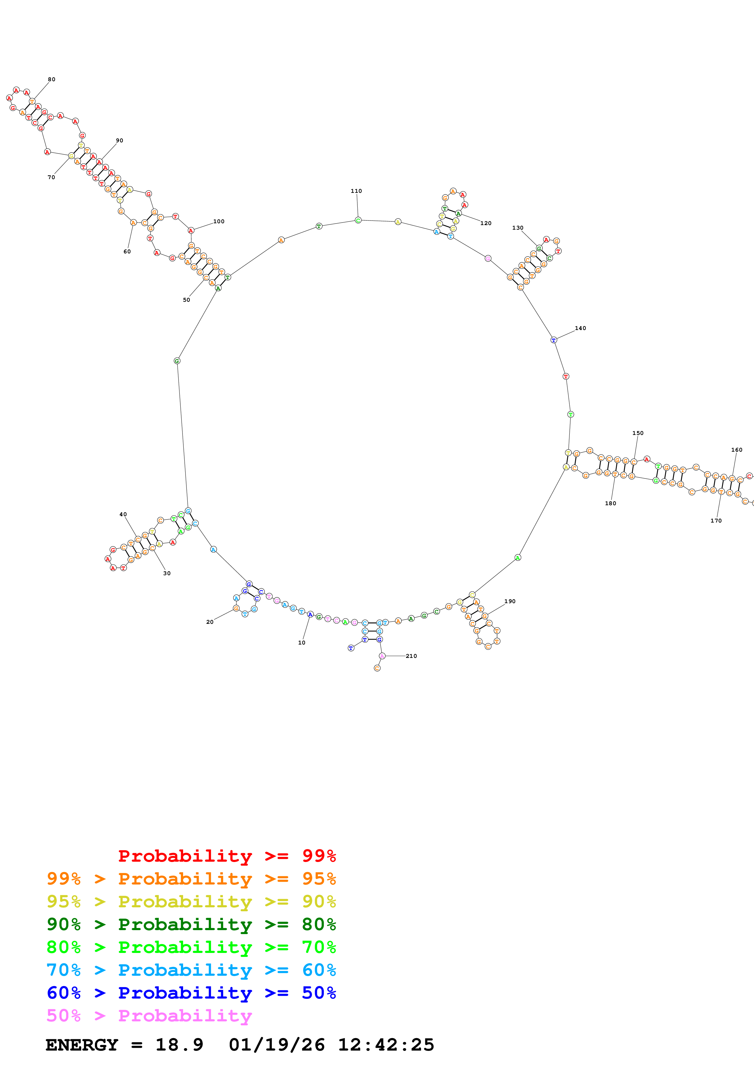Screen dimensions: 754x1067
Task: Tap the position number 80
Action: pyautogui.click(x=52, y=79)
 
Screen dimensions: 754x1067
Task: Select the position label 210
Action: pyautogui.click(x=411, y=656)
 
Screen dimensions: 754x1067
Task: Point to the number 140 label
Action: pyautogui.click(x=580, y=328)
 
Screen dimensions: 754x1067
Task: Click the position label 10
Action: pyautogui.click(x=301, y=643)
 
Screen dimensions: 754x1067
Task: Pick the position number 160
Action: pyautogui.click(x=736, y=450)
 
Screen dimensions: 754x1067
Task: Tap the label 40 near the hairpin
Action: pyautogui.click(x=123, y=514)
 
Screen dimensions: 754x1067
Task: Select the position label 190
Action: pyautogui.click(x=510, y=601)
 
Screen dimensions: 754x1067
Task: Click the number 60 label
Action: pyautogui.click(x=127, y=252)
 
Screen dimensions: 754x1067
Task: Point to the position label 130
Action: pyautogui.click(x=518, y=228)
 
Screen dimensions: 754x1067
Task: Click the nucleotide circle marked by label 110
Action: pyautogui.click(x=358, y=220)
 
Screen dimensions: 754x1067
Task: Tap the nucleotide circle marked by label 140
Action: pyautogui.click(x=553, y=340)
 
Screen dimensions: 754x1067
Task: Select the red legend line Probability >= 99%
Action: pyautogui.click(x=227, y=856)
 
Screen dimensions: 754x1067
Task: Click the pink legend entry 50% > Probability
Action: pyautogui.click(x=149, y=1016)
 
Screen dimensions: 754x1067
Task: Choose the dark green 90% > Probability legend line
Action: pyautogui.click(x=191, y=924)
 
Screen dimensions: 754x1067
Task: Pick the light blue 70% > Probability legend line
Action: pyautogui.click(x=191, y=970)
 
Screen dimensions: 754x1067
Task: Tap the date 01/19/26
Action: pyautogui.click(x=276, y=1045)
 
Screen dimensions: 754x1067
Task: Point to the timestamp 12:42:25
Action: pyautogui.click(x=386, y=1045)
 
